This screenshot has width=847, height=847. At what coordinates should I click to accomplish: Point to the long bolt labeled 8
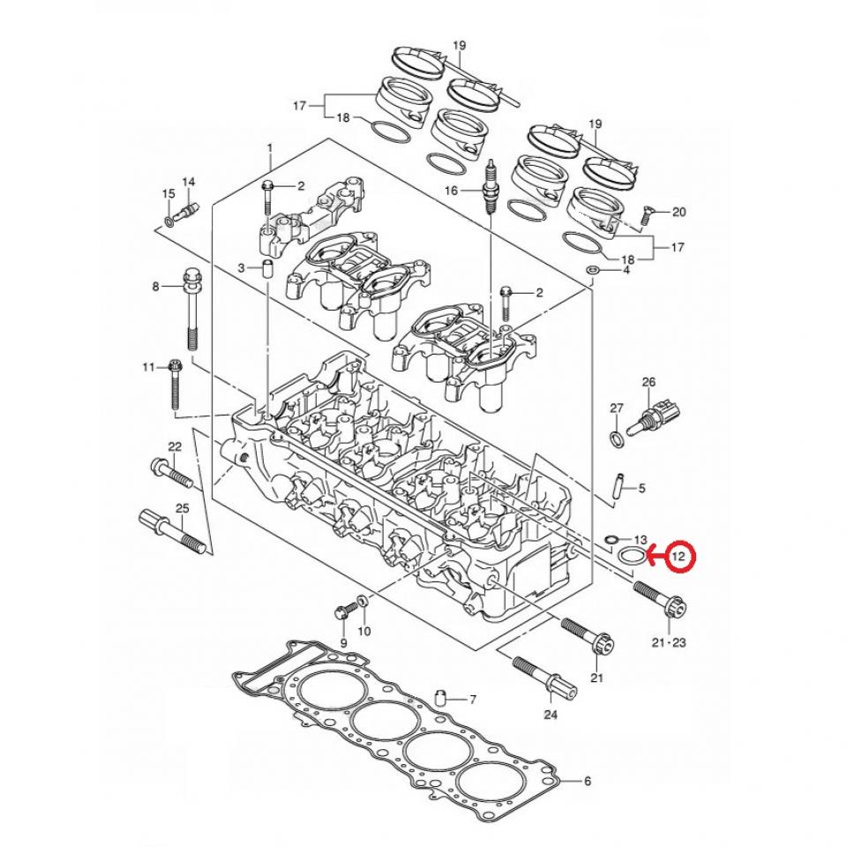[191, 312]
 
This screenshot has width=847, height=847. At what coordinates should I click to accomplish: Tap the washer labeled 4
[596, 269]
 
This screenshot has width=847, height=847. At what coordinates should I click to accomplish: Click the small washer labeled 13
[611, 538]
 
